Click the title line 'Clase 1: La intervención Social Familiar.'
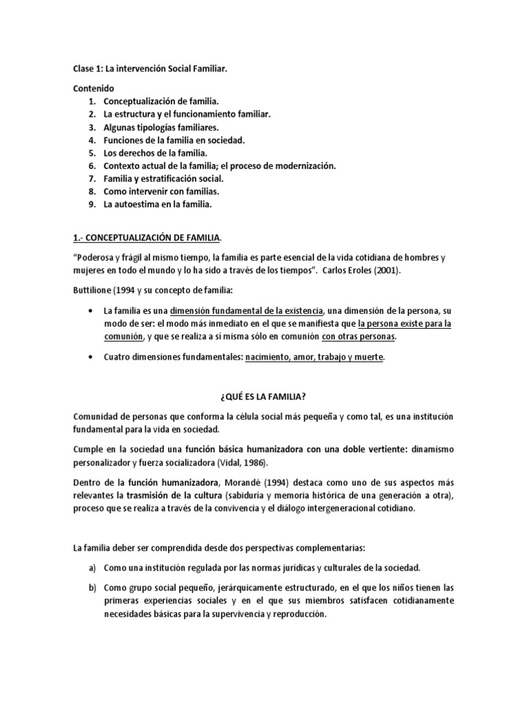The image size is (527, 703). (150, 69)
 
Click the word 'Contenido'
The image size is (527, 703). (95, 89)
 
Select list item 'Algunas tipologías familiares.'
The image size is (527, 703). (161, 128)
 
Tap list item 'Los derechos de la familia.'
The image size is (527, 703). (155, 153)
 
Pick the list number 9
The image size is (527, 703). (91, 205)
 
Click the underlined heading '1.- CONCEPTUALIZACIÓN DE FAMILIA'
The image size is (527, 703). (147, 238)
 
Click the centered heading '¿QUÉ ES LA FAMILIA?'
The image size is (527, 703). (263, 396)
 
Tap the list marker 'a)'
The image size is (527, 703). (92, 568)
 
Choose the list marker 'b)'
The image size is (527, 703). (92, 588)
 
